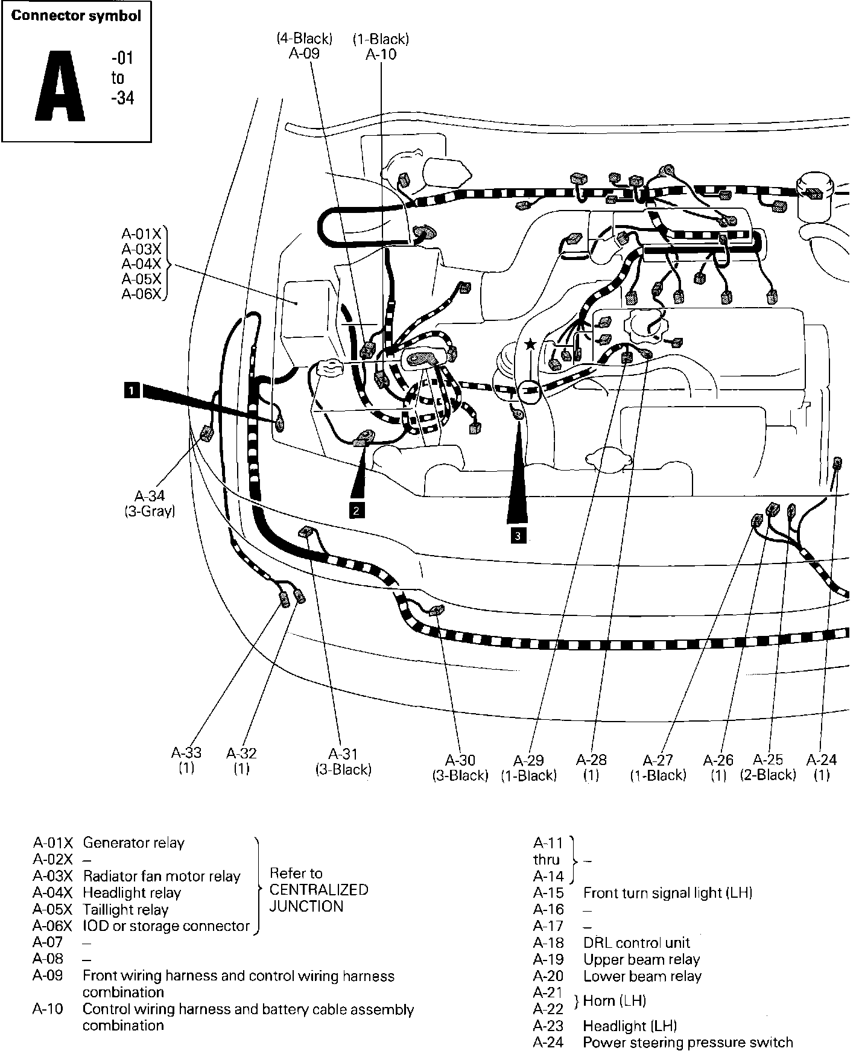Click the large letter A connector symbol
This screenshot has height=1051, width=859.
click(x=60, y=86)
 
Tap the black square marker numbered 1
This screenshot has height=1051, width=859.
click(x=132, y=390)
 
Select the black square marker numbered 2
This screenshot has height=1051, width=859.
click(x=357, y=510)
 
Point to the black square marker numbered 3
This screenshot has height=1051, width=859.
click(x=518, y=535)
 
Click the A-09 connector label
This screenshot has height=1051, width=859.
click(x=304, y=53)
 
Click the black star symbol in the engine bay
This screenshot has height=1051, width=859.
click(x=530, y=345)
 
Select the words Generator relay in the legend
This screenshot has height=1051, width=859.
click(x=133, y=843)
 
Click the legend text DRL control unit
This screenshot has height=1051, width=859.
click(x=636, y=943)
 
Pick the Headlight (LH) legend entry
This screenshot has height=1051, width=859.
click(x=630, y=1026)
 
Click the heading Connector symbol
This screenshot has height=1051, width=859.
click(x=76, y=16)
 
